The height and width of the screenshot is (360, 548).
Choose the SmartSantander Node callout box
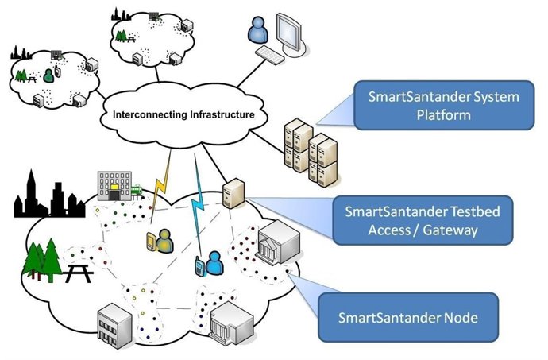coord(407,318)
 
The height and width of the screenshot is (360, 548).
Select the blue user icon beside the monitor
coord(259,31)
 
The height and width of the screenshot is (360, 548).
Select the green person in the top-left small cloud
coord(49,75)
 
